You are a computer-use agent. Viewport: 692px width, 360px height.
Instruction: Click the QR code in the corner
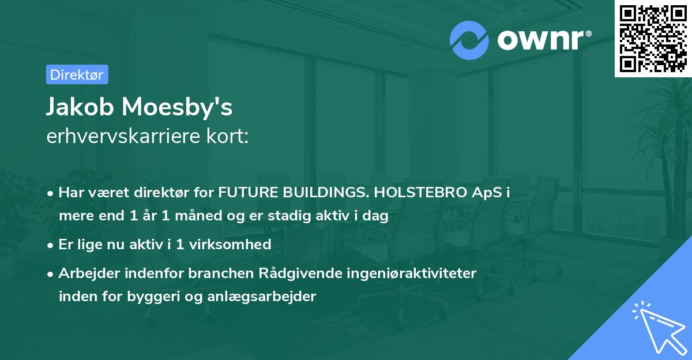pyautogui.click(x=653, y=39)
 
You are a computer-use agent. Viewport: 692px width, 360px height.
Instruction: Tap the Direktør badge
pyautogui.click(x=77, y=74)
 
